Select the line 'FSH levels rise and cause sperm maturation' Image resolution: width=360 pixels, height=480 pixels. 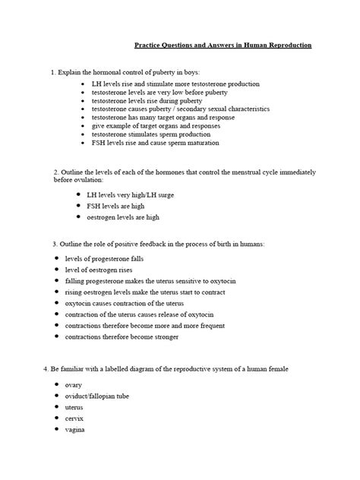(154, 143)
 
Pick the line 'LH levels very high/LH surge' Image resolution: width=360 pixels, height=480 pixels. (130, 194)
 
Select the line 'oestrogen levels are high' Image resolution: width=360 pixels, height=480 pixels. (123, 217)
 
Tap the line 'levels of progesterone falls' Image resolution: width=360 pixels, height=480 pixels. (104, 259)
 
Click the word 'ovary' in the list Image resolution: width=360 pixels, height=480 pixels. (74, 384)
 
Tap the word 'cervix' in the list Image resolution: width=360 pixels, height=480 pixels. (75, 418)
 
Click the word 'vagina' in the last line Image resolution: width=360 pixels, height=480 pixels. (76, 430)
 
